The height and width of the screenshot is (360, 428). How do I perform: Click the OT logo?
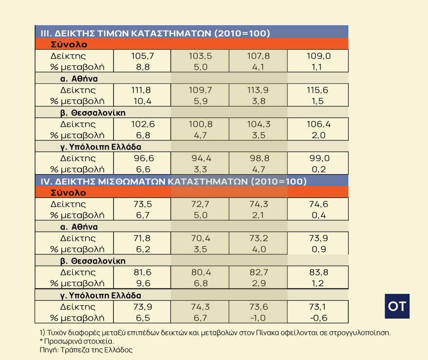(397, 306)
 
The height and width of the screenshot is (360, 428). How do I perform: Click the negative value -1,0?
(258, 318)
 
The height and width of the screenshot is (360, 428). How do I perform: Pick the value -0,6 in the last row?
(319, 318)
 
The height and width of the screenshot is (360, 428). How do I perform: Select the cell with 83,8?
(319, 272)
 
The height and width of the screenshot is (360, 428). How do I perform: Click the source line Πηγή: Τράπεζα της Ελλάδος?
(86, 349)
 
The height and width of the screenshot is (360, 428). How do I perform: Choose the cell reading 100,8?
(200, 124)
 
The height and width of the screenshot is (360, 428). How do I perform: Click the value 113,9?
(258, 90)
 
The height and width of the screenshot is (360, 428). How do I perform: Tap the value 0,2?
(319, 169)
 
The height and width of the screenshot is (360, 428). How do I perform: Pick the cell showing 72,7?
(200, 204)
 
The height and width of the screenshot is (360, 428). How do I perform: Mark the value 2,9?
(258, 283)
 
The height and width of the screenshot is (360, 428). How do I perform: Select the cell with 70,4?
(200, 238)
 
